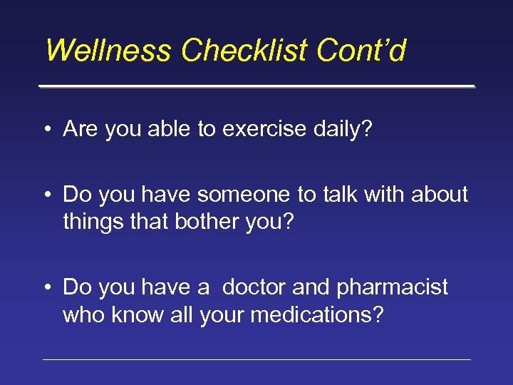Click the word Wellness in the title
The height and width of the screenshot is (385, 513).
point(108,51)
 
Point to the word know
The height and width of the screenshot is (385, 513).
point(140,315)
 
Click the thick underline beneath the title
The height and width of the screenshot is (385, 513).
point(256,86)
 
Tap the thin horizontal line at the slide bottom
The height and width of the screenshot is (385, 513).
point(256,359)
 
